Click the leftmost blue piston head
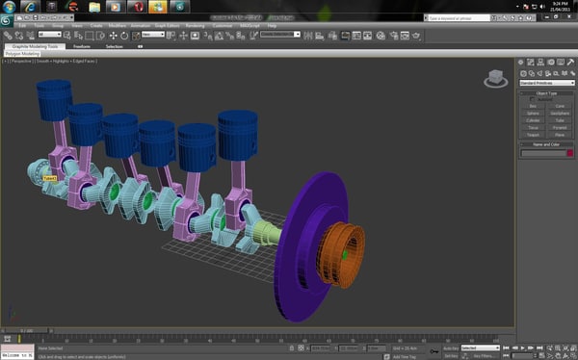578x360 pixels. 55,99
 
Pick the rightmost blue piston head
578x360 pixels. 237,131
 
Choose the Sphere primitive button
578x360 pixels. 532,113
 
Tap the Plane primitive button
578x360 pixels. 560,133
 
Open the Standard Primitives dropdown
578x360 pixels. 546,83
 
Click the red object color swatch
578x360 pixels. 569,152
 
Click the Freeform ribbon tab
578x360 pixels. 82,45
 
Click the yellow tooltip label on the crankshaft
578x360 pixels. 48,178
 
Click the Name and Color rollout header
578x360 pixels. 546,142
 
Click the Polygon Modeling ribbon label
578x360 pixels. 23,54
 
